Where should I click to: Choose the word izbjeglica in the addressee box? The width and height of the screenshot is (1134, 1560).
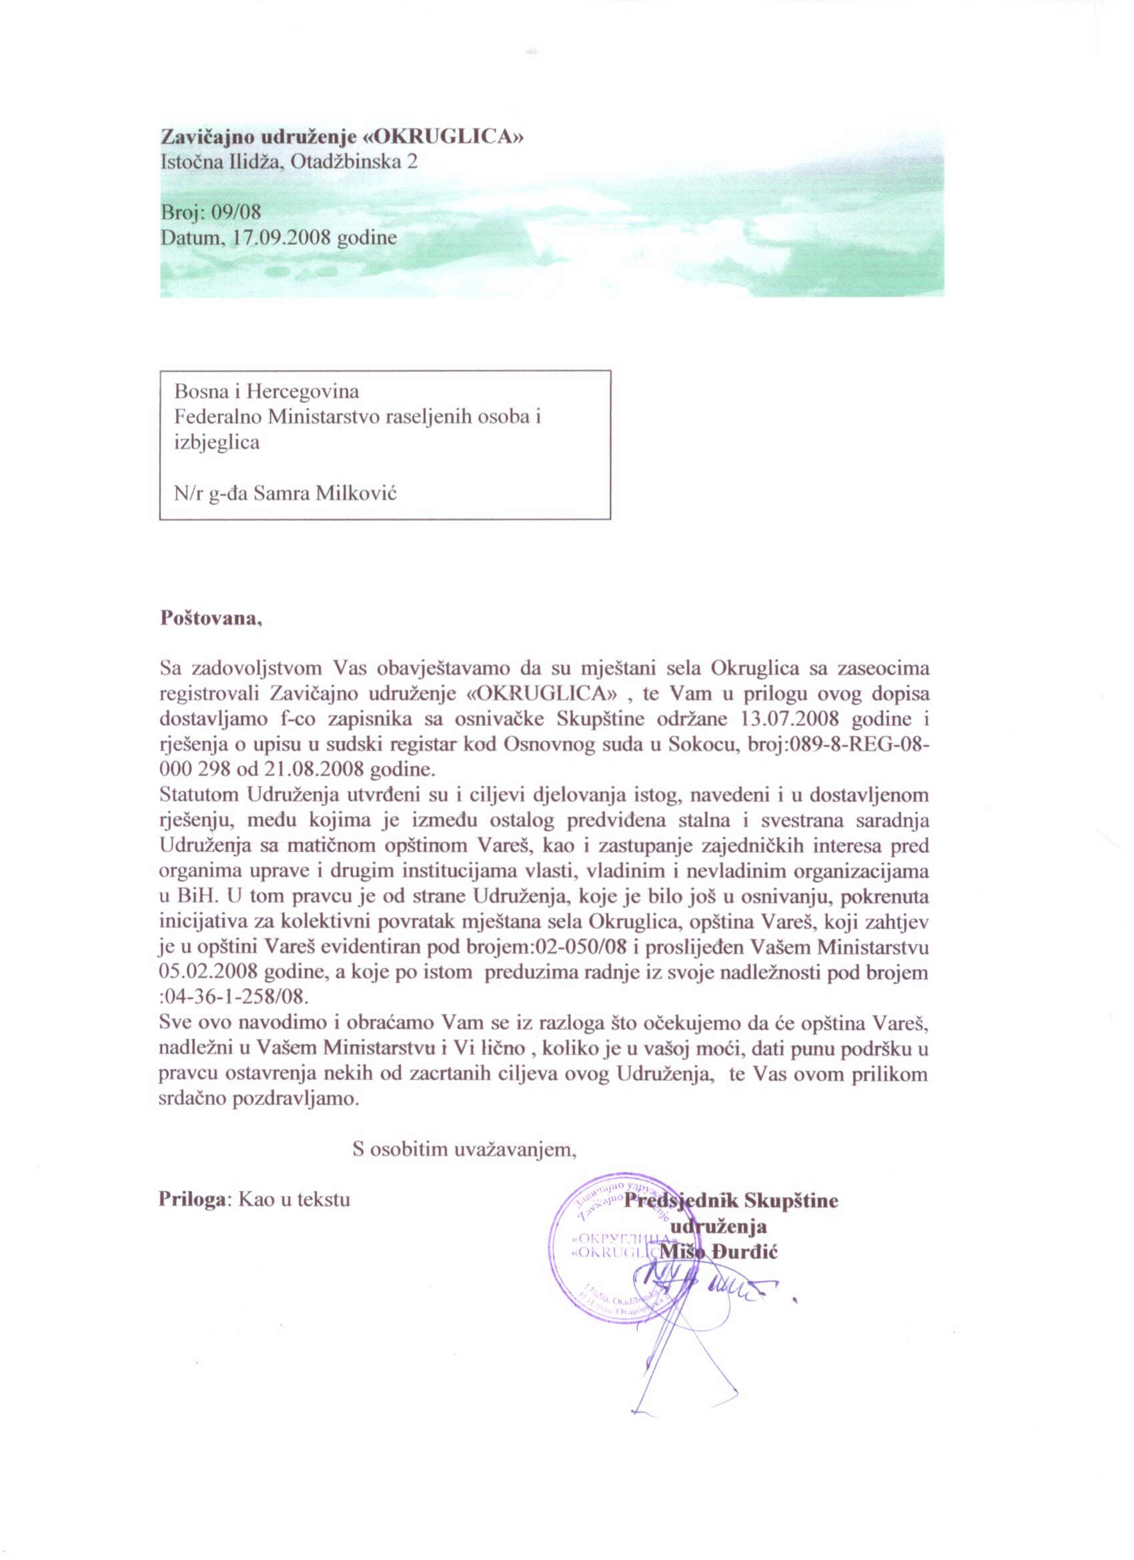pyautogui.click(x=217, y=442)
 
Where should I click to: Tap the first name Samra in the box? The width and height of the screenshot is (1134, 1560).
pyautogui.click(x=280, y=493)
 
